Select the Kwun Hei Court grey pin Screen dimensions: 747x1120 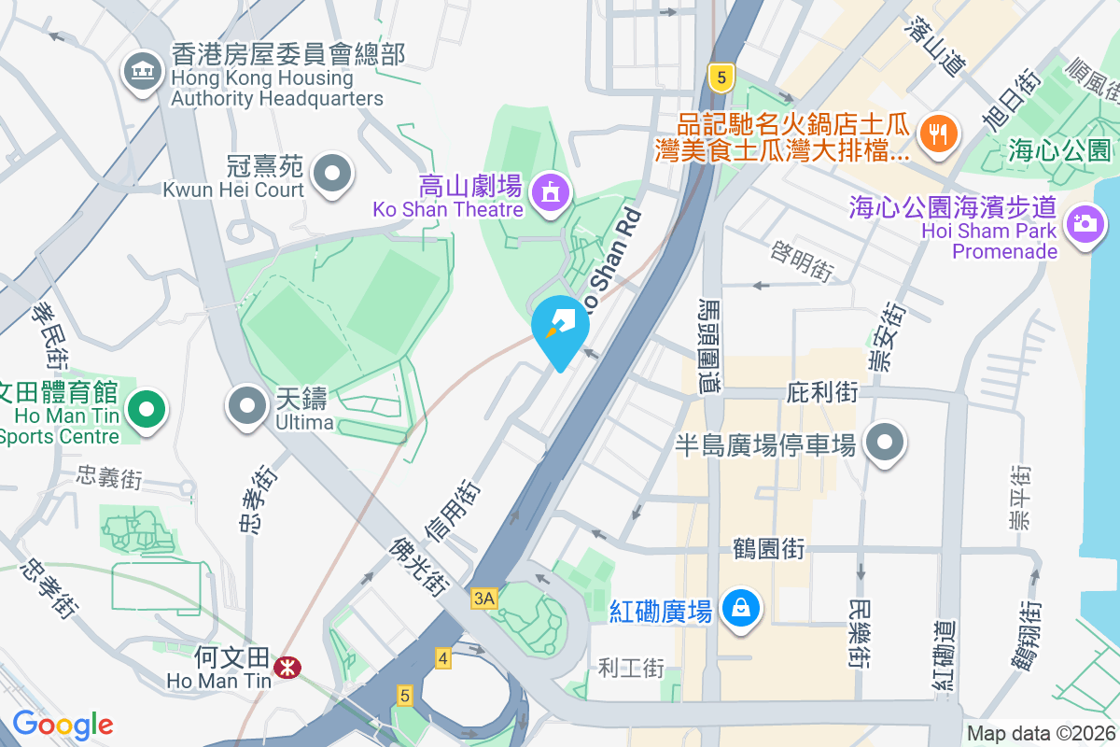(x=331, y=174)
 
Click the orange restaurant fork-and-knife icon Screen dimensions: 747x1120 (x=936, y=133)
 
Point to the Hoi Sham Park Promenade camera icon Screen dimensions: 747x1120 (x=1084, y=225)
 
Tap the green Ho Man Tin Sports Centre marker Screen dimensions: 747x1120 (x=145, y=409)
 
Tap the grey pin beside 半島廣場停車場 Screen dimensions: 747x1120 (x=884, y=443)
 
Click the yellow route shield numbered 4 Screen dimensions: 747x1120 (x=442, y=659)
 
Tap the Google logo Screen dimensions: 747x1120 (x=63, y=725)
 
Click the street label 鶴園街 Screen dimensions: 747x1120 (x=768, y=548)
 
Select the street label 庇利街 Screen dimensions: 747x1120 (x=822, y=392)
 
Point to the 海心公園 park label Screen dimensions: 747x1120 (x=1059, y=149)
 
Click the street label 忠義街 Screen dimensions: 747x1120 (x=110, y=480)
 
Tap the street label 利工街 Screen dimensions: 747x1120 (x=632, y=668)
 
